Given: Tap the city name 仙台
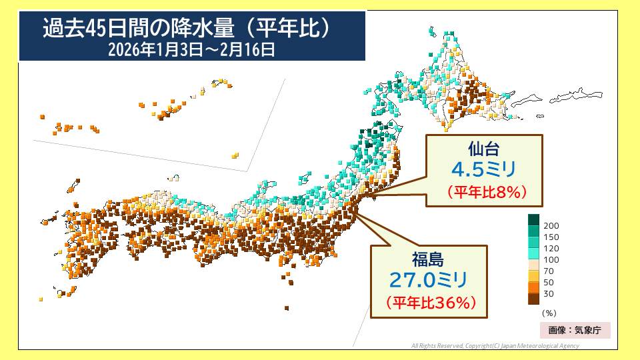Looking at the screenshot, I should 484,148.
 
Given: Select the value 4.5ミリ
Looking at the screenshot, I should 483,169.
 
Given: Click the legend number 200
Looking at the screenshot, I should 551,226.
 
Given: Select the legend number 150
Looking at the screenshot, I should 551,237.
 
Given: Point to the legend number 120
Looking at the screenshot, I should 551,249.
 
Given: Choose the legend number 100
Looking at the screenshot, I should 551,260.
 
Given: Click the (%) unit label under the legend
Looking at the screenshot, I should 549,312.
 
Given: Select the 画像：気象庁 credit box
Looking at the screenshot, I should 575,330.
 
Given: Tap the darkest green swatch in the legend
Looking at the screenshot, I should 533,219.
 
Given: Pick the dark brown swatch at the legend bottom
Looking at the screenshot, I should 533,298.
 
